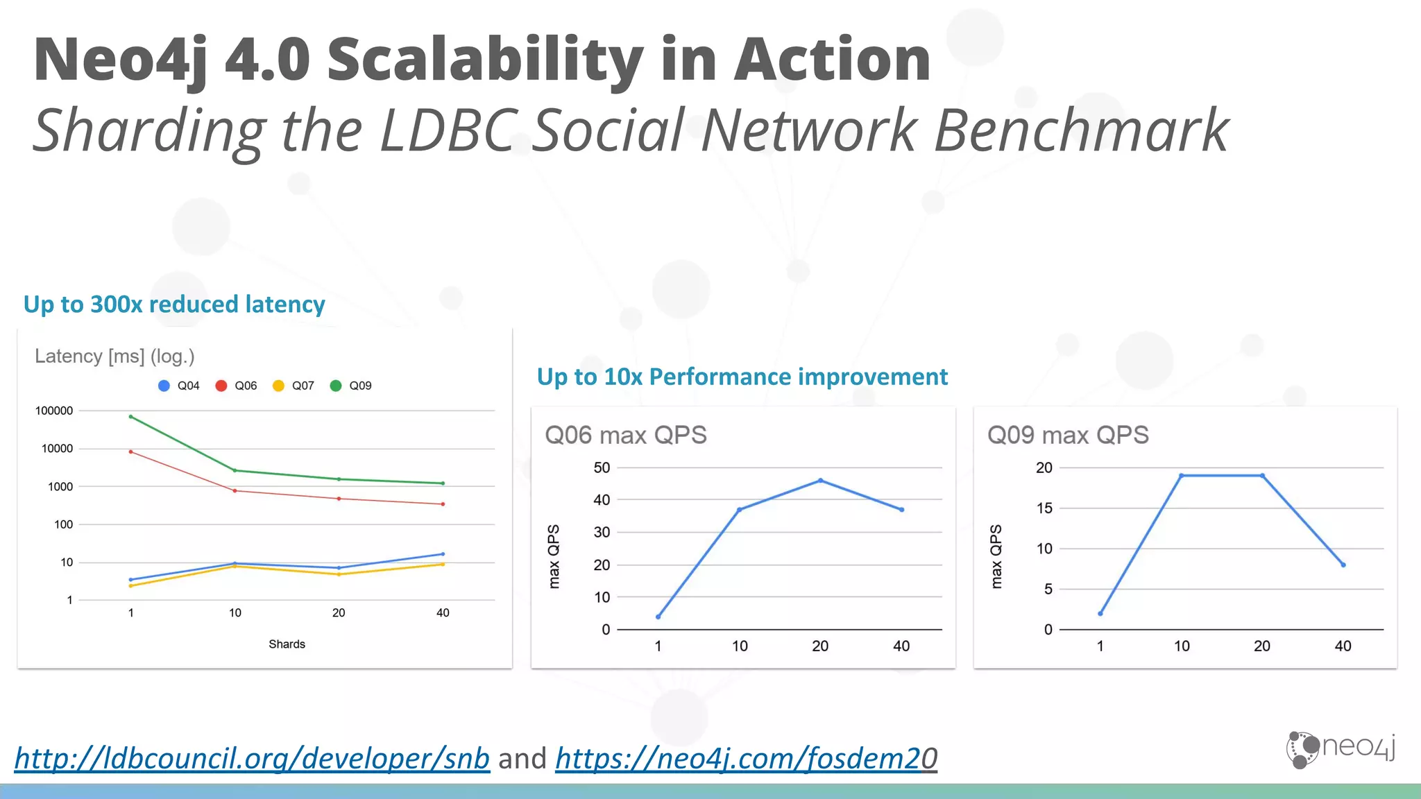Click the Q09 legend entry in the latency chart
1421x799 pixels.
click(352, 386)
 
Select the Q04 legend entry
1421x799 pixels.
click(180, 386)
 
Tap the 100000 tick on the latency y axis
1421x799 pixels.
click(54, 411)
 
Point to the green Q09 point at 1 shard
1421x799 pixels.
click(131, 417)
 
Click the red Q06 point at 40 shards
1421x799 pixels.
click(443, 504)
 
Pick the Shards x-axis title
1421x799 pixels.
click(287, 644)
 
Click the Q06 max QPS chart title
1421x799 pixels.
click(625, 435)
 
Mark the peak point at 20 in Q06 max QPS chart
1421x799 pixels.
click(821, 480)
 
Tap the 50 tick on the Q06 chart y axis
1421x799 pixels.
click(602, 467)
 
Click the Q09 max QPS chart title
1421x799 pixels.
click(1068, 435)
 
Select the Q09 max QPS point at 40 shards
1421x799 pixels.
click(1343, 565)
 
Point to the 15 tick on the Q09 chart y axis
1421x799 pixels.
click(1044, 508)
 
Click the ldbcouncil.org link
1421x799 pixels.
click(252, 758)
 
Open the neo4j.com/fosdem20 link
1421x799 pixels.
click(746, 758)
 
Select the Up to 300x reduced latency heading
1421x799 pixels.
click(174, 304)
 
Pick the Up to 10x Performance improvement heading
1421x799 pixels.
click(742, 377)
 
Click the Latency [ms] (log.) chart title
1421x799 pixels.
click(114, 356)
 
